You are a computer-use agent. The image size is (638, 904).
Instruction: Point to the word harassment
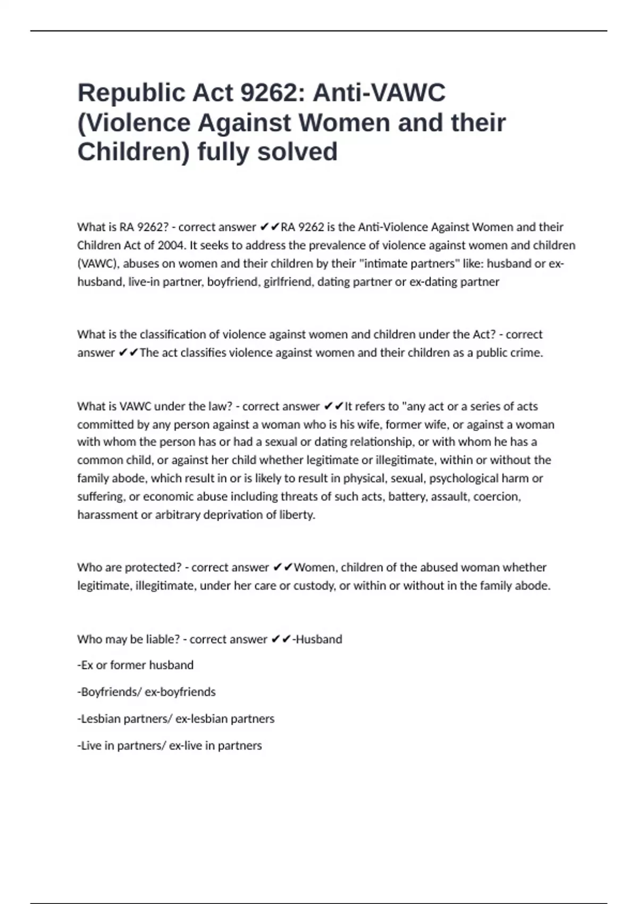coord(107,515)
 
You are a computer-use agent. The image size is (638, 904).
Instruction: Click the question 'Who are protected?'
coord(129,567)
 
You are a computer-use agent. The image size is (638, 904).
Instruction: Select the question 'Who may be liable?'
coord(128,639)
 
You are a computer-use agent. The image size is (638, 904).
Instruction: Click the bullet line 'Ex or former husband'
coord(135,665)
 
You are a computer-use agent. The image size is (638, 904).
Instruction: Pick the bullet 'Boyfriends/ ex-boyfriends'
coord(146,692)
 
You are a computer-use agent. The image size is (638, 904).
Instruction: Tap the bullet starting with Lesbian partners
coord(175,719)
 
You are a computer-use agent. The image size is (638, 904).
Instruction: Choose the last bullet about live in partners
coord(169,746)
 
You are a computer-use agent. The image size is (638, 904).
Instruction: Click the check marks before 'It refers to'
coord(333,406)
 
